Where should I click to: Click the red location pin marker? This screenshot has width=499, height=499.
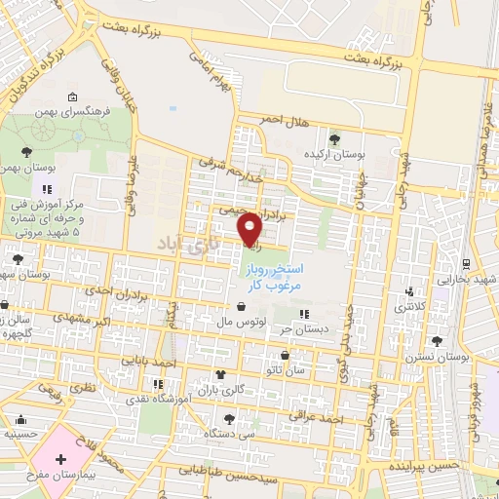250,227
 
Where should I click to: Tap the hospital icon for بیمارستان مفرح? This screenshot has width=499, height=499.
61,458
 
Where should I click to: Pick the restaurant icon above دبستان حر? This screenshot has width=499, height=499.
303,314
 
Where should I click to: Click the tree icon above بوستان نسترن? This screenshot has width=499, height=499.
436,341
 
